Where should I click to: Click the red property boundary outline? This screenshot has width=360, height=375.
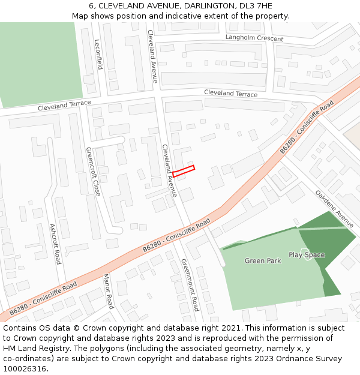[x=183, y=170]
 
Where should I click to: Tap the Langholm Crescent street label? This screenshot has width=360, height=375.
[x=254, y=38]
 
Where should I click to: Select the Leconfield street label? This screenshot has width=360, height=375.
[x=98, y=55]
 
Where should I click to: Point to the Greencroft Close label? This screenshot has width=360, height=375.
[x=93, y=172]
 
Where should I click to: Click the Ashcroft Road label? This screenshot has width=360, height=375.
[x=55, y=244]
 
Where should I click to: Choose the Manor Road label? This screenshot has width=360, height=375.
[x=108, y=291]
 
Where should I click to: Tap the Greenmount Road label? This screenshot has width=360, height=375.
[x=190, y=285]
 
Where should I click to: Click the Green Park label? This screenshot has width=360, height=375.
[x=263, y=261]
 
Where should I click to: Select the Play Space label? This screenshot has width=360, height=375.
[x=307, y=255]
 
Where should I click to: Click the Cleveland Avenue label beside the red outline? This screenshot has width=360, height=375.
[x=169, y=171]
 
